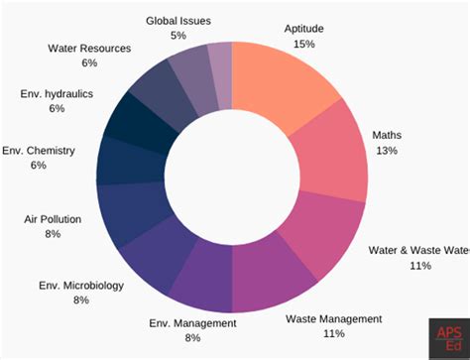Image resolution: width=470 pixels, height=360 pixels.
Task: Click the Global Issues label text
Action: point(178,20)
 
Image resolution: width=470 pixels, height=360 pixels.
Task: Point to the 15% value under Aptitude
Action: point(303,45)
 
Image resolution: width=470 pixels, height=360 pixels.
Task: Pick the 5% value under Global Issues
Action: point(178,35)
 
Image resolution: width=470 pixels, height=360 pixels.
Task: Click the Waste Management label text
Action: point(333,318)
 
